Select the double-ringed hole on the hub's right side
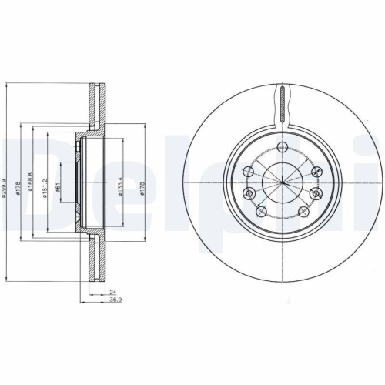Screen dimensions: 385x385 pos(316,193)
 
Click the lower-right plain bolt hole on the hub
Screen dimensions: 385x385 pos(303,210)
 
